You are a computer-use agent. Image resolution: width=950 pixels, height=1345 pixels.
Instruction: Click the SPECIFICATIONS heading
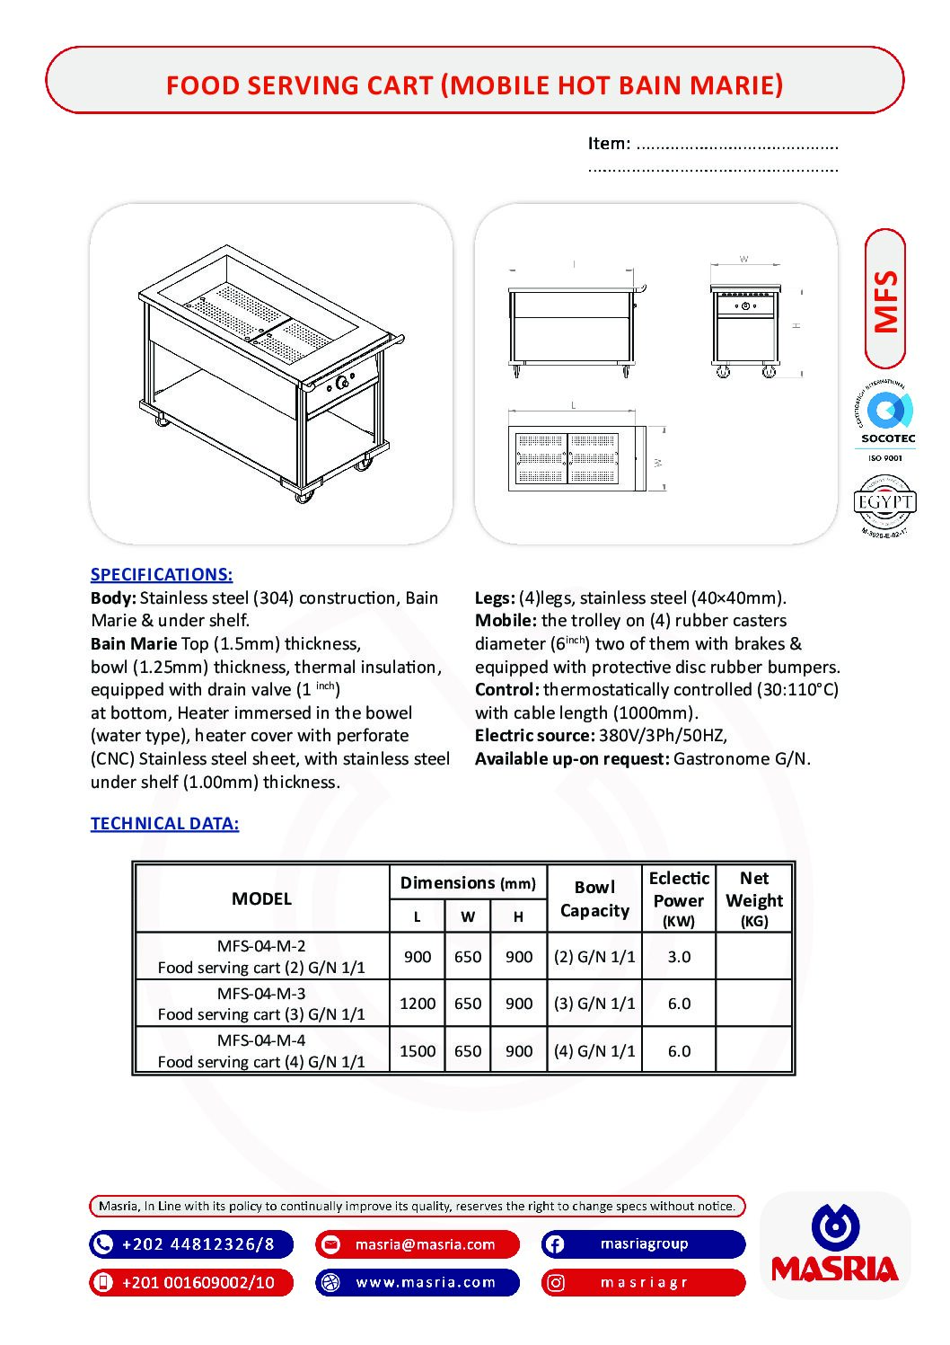(162, 575)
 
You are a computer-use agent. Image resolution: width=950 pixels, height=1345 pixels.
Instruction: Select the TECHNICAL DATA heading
(164, 824)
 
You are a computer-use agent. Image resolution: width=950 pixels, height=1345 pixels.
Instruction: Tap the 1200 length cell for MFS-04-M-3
(418, 1004)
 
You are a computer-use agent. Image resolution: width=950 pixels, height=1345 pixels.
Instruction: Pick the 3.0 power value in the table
(679, 957)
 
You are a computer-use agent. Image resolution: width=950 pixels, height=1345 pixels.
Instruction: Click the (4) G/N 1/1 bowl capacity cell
(594, 1051)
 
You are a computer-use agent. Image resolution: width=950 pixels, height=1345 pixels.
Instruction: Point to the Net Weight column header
(754, 898)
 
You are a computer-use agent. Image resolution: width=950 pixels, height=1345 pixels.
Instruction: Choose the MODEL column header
(261, 898)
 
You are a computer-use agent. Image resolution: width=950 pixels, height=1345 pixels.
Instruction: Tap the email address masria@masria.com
(425, 1244)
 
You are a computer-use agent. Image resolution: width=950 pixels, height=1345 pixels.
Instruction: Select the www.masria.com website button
(426, 1282)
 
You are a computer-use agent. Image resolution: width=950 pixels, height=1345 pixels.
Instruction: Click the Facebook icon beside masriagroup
(555, 1244)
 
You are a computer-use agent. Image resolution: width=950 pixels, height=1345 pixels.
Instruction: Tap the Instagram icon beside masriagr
(555, 1283)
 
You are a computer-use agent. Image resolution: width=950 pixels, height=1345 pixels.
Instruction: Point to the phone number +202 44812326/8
(198, 1244)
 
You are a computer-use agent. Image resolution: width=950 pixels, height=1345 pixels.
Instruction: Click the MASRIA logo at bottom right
(834, 1244)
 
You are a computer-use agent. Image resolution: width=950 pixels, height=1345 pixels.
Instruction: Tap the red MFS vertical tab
(885, 300)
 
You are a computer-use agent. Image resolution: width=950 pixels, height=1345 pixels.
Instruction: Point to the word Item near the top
(608, 144)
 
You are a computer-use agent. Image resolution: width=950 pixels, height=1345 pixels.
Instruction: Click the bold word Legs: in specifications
(495, 598)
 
